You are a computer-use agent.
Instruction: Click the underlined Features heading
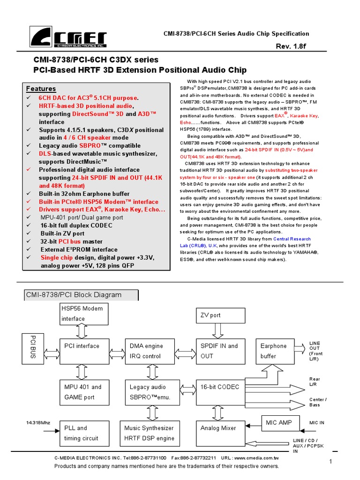[41, 89]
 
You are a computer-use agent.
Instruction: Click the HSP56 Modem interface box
[82, 313]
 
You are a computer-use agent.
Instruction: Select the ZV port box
[220, 315]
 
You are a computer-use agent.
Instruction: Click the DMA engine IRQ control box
[150, 351]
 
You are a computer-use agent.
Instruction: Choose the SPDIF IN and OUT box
[220, 351]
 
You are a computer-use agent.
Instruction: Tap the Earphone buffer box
[277, 351]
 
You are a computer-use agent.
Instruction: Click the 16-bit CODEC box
[220, 392]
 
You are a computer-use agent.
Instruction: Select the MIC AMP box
[279, 423]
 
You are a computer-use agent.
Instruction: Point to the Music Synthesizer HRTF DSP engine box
[150, 433]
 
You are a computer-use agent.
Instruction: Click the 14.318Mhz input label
[38, 423]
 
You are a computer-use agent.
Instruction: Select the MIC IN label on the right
[317, 423]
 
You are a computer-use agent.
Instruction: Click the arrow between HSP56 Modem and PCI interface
[82, 331]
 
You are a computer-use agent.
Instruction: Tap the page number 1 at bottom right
[330, 462]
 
